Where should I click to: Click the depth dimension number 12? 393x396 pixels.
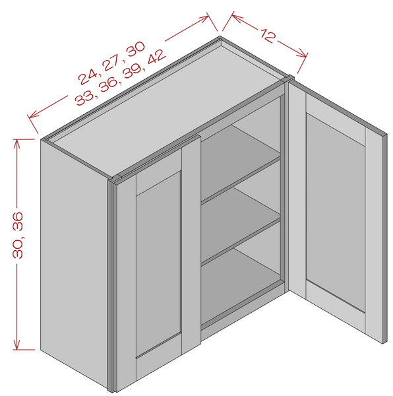(x=268, y=36)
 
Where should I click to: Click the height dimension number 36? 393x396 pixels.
(x=18, y=221)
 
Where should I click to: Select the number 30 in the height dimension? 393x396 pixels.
(x=18, y=248)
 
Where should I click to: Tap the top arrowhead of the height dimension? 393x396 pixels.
(x=16, y=145)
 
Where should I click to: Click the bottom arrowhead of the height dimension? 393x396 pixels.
(x=16, y=345)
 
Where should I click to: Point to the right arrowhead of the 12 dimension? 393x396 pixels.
(x=302, y=54)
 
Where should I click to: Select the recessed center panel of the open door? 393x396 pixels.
(x=336, y=212)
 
